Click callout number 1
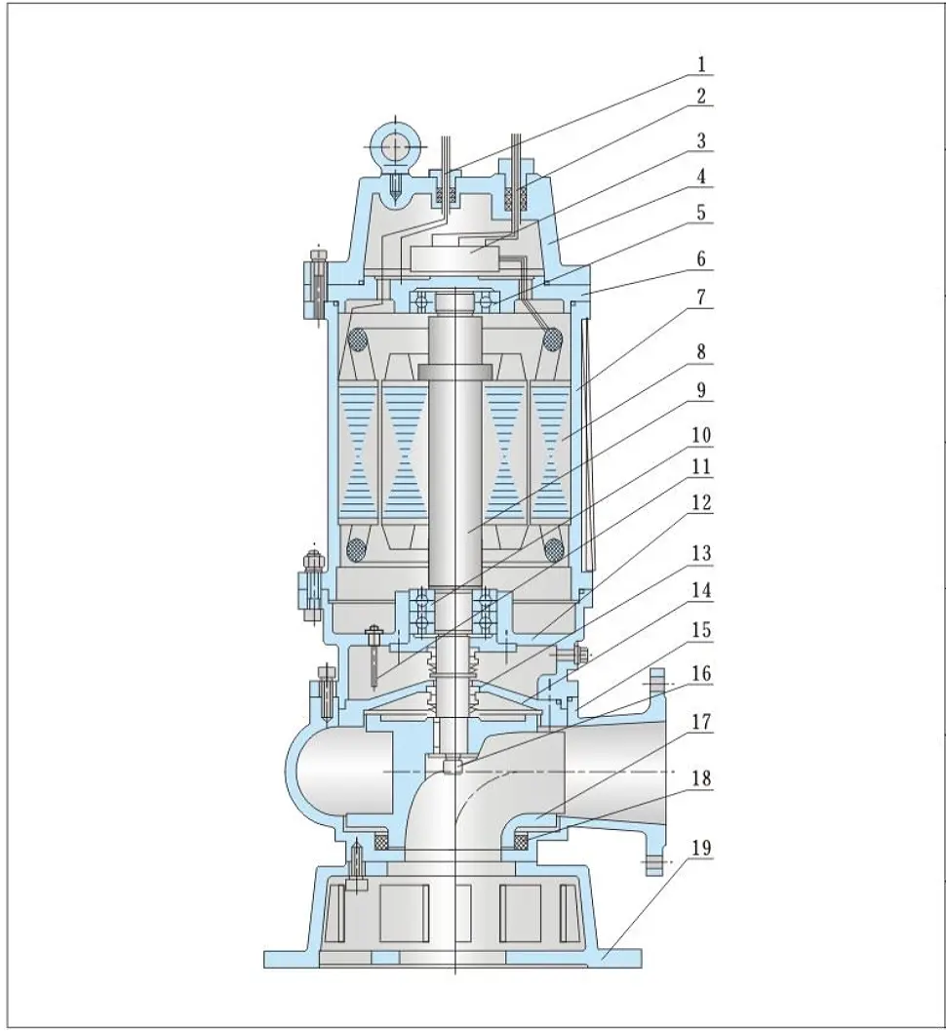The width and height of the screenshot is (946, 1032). (700, 64)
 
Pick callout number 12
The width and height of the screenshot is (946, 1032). (700, 504)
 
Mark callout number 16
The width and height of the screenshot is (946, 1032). (700, 672)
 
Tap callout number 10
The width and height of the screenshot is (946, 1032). (700, 433)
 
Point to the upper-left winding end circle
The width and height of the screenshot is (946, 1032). (358, 339)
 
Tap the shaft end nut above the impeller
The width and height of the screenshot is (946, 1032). (451, 766)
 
